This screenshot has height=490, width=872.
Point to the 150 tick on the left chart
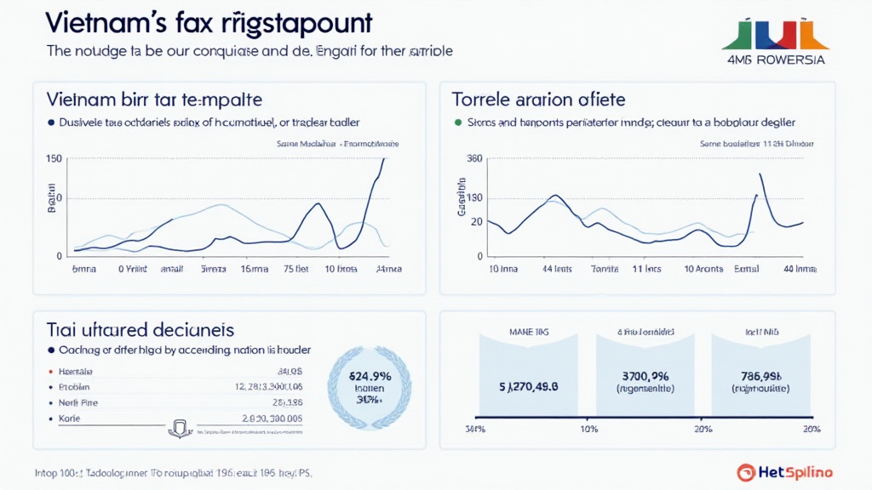pos(53,159)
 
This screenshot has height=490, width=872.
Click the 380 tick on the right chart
pos(474,159)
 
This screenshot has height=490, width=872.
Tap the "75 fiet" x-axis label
pos(295,269)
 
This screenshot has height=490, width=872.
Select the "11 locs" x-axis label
pos(647,269)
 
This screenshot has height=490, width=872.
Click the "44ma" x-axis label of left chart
pos(387,269)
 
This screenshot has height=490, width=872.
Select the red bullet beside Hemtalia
pos(50,372)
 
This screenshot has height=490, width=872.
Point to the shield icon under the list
pos(180,428)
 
